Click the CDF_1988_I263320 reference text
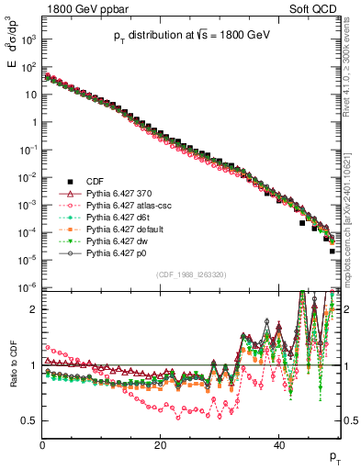point(190,274)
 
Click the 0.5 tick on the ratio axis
point(30,420)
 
